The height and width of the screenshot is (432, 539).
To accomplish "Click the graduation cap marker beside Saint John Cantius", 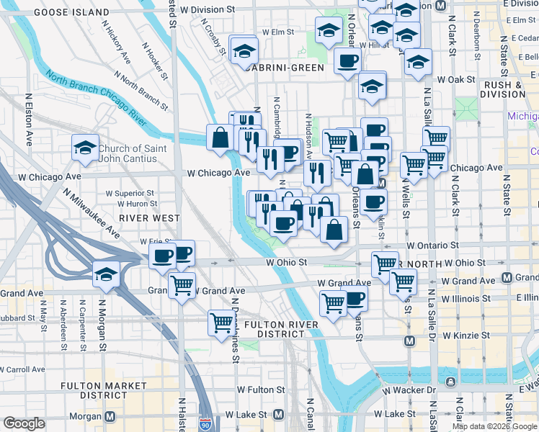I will point(85,148).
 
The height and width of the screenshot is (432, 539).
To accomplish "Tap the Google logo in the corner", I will point(24,423).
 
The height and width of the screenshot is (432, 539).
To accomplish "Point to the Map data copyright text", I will point(494,426).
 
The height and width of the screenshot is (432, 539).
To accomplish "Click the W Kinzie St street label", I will point(466,336).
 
